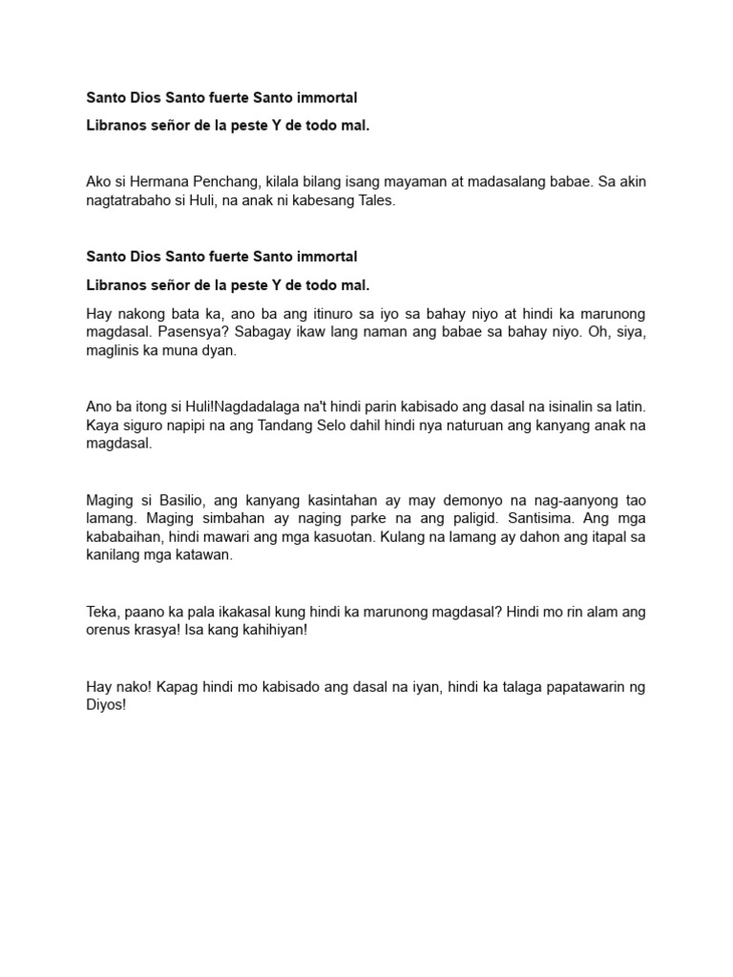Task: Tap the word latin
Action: [x=629, y=406]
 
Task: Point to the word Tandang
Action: [x=278, y=425]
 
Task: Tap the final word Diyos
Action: [x=106, y=706]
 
